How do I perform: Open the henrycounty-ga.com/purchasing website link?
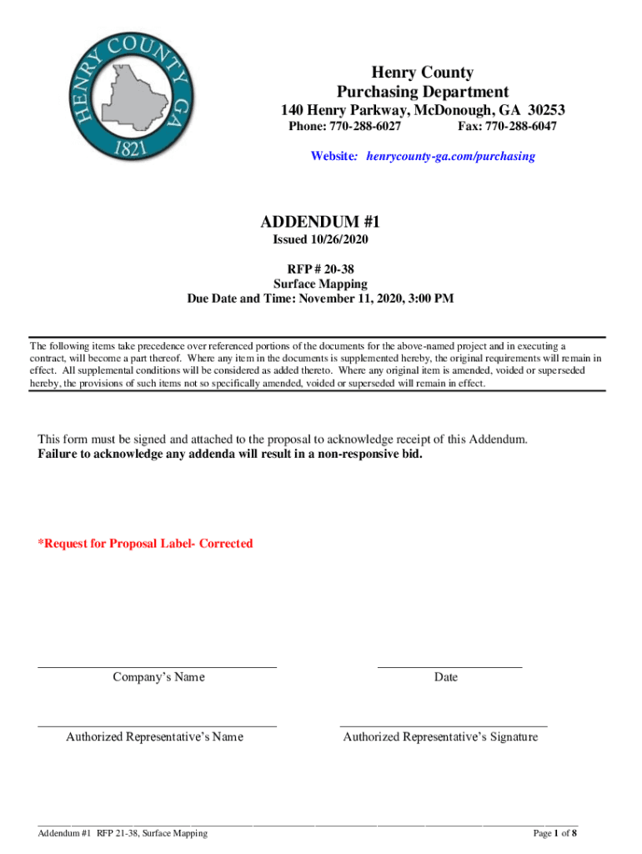(447, 156)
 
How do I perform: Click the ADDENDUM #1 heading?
(320, 222)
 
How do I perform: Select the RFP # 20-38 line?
(320, 269)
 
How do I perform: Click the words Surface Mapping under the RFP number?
(320, 284)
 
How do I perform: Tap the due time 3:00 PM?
(431, 298)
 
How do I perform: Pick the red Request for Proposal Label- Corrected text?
(145, 544)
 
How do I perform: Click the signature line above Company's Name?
(158, 666)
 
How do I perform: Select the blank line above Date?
(449, 666)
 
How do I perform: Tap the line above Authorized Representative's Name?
(158, 726)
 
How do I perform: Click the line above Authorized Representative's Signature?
(444, 726)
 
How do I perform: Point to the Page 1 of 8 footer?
(555, 833)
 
